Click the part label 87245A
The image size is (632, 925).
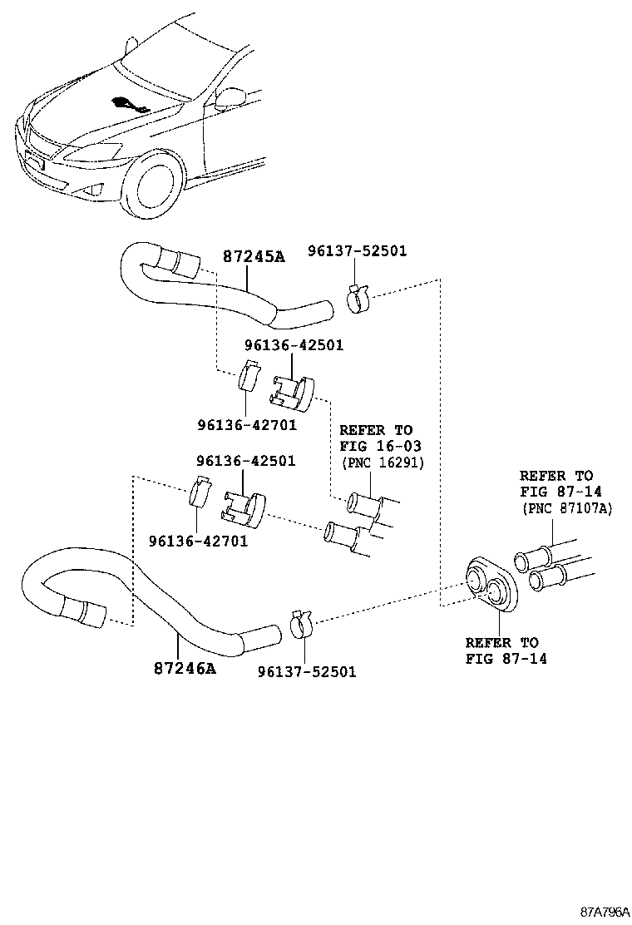(x=254, y=256)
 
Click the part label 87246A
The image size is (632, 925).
(x=185, y=669)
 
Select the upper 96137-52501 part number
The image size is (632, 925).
(x=358, y=250)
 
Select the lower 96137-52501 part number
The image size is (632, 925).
(x=307, y=672)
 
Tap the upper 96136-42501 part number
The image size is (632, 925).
(x=294, y=345)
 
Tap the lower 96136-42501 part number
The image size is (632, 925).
(x=246, y=461)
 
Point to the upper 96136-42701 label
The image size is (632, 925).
(x=247, y=425)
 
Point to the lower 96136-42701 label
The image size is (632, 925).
(x=198, y=541)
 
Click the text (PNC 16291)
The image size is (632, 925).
(x=383, y=462)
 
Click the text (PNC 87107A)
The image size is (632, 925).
(x=566, y=508)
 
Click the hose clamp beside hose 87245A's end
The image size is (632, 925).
(x=357, y=299)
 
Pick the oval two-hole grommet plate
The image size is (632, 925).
(x=491, y=581)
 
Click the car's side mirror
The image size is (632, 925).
(x=226, y=99)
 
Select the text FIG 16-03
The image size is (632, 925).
(x=380, y=446)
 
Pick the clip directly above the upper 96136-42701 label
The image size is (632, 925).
(x=249, y=375)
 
